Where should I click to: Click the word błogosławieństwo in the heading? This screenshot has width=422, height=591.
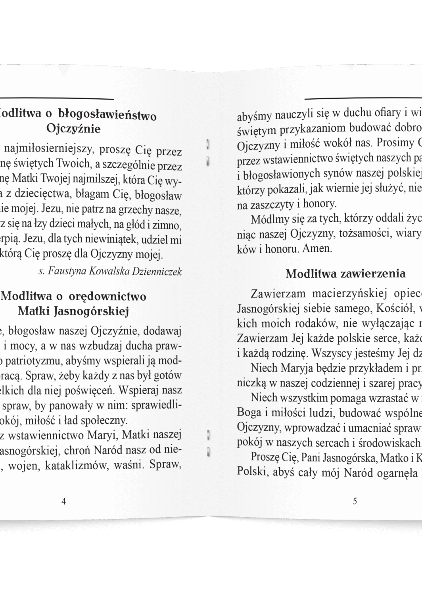[x=107, y=115]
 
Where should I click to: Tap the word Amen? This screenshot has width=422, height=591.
[x=317, y=249]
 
